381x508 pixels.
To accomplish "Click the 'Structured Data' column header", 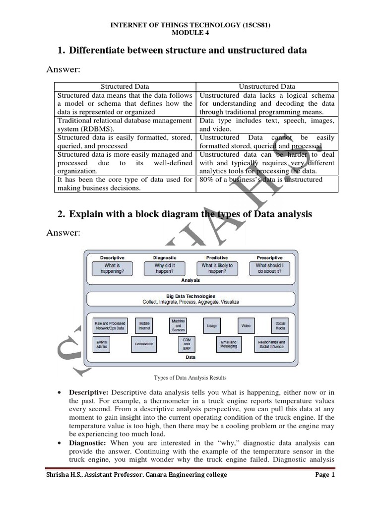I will click(x=125, y=86).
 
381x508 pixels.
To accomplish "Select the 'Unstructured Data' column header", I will click(x=267, y=86).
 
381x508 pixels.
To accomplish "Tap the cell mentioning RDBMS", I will click(x=125, y=125).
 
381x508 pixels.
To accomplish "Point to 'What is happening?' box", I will click(x=112, y=268).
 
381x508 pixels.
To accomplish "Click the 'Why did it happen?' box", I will click(x=165, y=268).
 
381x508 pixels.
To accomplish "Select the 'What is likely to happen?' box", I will click(x=217, y=268).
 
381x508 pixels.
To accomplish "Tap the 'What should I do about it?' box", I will click(x=269, y=268).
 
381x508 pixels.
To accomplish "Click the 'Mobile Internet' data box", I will click(x=144, y=325).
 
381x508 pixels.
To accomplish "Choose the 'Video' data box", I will click(x=246, y=325).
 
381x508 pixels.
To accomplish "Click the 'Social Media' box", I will click(x=280, y=325).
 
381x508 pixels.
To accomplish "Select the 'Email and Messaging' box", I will click(x=228, y=344).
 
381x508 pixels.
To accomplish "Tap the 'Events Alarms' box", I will click(x=102, y=344).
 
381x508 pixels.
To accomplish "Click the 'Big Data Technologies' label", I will click(x=190, y=296).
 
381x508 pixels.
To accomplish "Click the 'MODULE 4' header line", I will click(x=190, y=33).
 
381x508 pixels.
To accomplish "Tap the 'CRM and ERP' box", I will click(x=187, y=344).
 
